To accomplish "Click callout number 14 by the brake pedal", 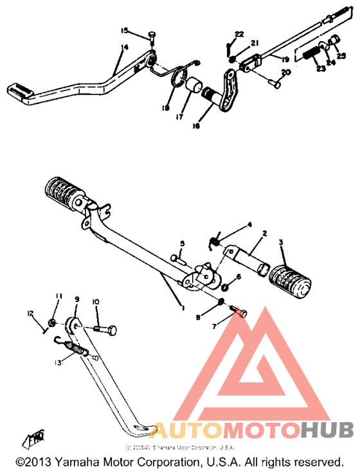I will (x=124, y=47).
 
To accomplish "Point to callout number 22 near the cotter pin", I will (x=239, y=33).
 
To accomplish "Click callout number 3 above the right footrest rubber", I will (x=280, y=243).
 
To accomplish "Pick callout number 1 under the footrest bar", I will (x=183, y=308).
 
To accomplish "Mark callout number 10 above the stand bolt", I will (x=96, y=301).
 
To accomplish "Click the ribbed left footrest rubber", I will (x=65, y=192).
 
